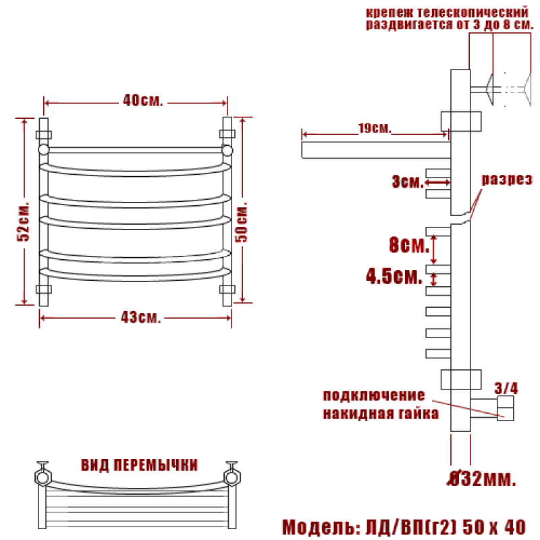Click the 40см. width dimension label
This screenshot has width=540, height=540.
(142, 101)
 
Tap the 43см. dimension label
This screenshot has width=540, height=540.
(140, 317)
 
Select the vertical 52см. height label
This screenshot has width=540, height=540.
(24, 221)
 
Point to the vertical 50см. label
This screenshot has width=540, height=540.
(242, 222)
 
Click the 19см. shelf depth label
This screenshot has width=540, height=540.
(375, 128)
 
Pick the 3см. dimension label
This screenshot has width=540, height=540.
(407, 182)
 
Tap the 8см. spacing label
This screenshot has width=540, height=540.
(409, 245)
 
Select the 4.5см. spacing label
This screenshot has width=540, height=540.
(394, 276)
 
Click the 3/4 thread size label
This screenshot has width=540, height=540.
(506, 388)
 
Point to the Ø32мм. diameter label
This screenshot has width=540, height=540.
(482, 479)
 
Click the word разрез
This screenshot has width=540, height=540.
(507, 180)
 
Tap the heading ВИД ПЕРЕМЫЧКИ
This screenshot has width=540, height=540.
(139, 465)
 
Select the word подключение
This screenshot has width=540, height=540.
(374, 395)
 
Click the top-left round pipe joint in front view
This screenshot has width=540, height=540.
(43, 150)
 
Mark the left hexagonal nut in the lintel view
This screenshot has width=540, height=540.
(43, 477)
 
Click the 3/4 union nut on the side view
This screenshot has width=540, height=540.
(505, 408)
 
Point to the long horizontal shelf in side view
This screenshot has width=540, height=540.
(376, 150)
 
